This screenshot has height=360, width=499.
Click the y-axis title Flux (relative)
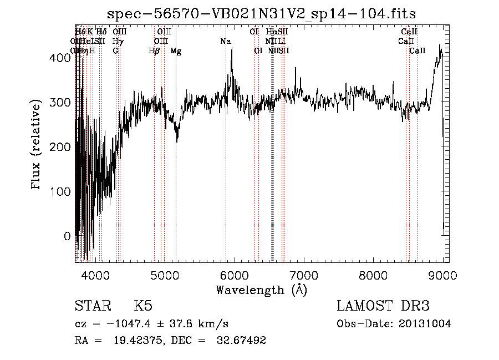[x=37, y=145]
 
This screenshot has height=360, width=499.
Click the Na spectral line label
[x=226, y=41]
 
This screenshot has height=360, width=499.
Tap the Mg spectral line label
[x=176, y=51]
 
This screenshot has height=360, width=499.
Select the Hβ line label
[x=154, y=51]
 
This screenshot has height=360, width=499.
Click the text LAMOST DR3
[x=383, y=306]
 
